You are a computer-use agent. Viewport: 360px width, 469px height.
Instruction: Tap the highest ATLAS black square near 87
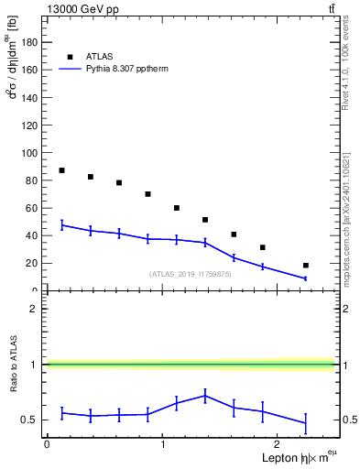pos(61,170)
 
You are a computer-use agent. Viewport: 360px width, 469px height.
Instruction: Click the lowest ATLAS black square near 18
pos(305,266)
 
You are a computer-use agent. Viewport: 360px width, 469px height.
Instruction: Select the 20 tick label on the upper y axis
pos(34,263)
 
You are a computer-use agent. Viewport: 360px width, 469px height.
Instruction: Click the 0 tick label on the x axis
pos(47,443)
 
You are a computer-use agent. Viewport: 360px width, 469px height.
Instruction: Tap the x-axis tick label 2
pos(278,443)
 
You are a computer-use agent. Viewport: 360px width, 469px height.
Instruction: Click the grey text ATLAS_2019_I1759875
pos(190,273)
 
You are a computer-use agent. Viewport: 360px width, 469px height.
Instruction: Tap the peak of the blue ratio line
pos(205,396)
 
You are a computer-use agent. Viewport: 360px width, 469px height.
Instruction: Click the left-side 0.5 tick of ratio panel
pos(35,420)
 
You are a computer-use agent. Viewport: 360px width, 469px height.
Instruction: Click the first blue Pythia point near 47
pos(61,224)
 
